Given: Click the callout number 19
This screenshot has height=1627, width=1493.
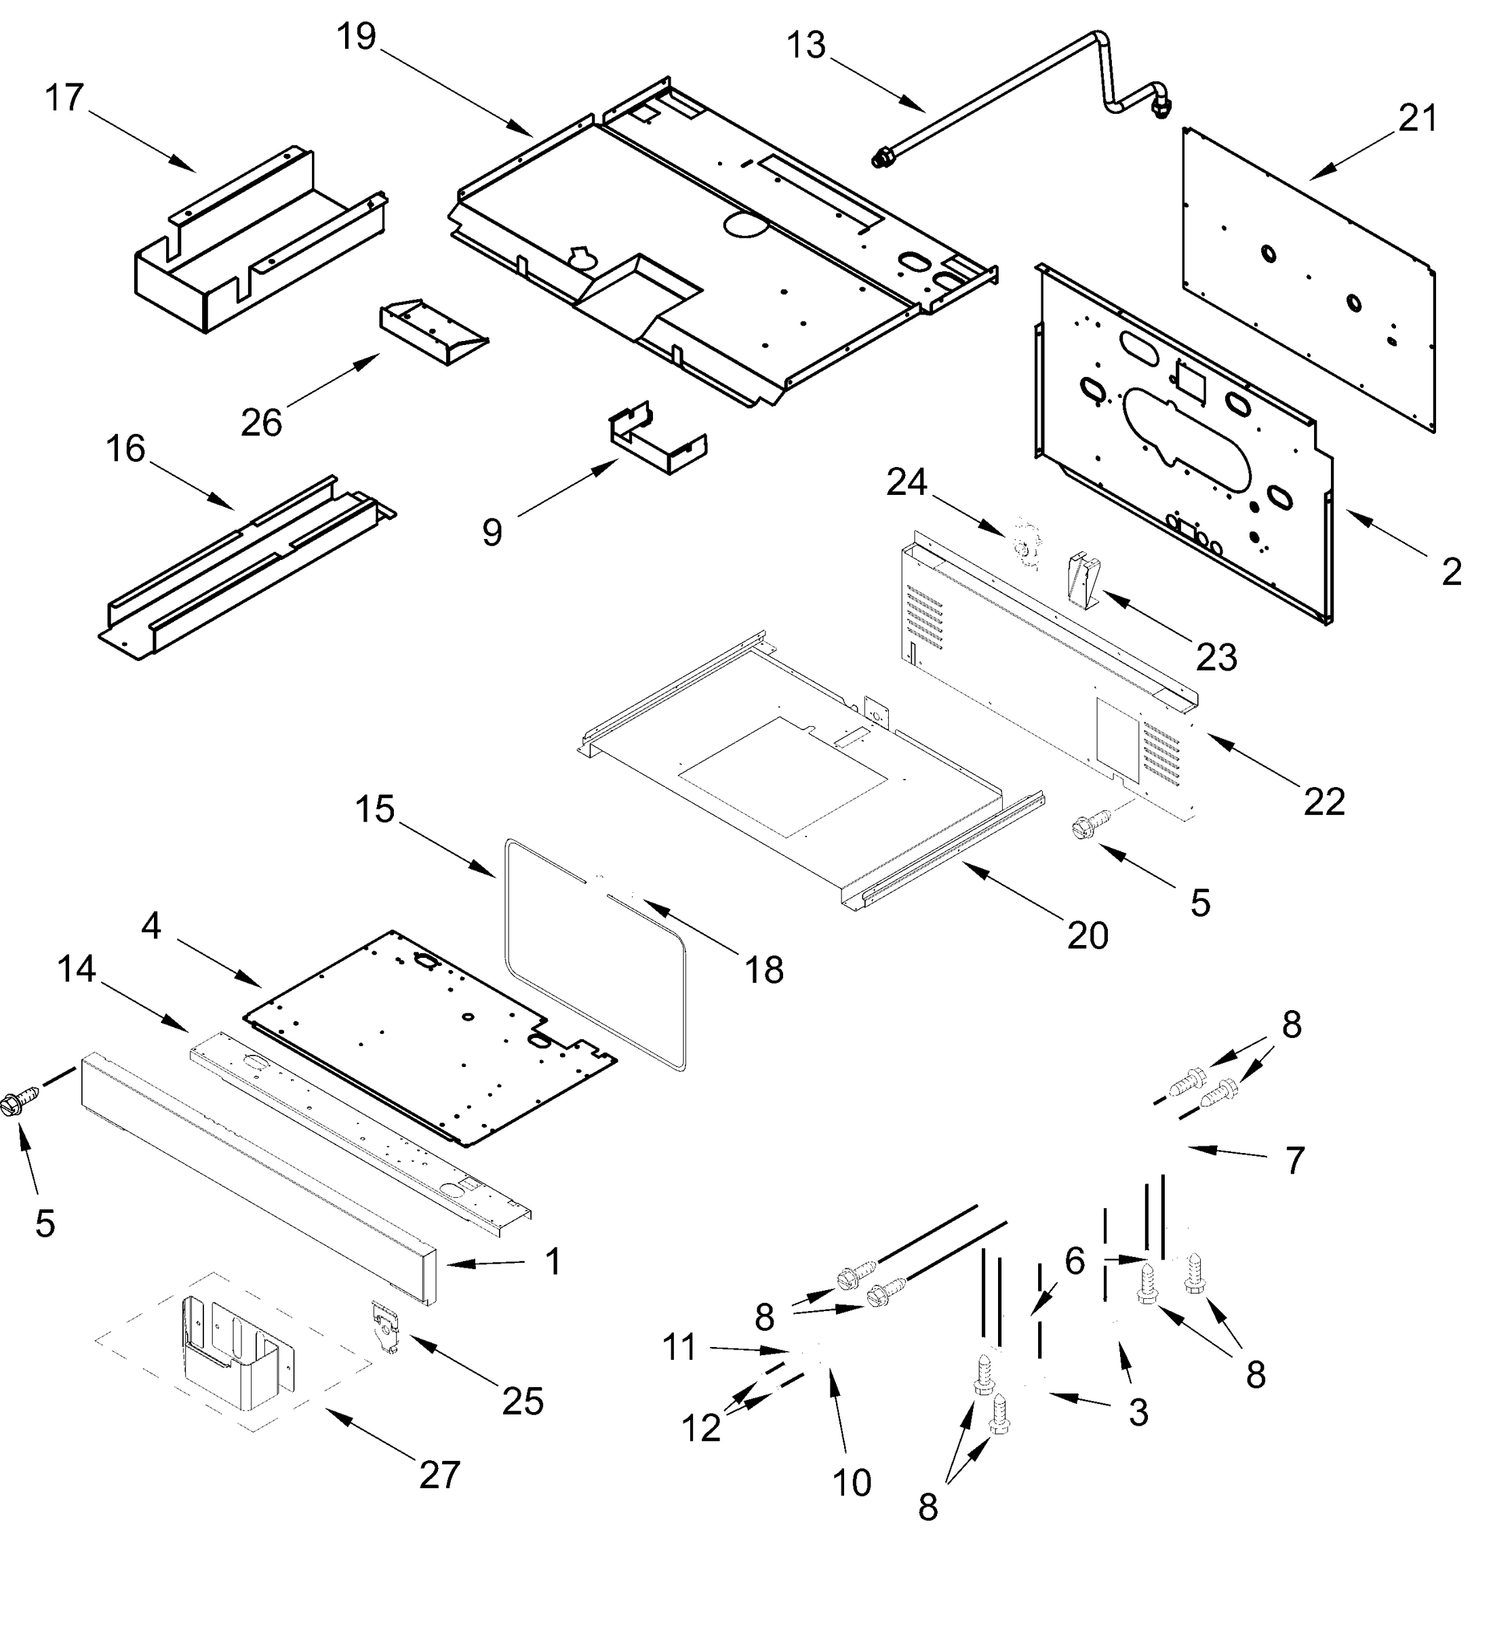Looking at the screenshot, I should coord(356,37).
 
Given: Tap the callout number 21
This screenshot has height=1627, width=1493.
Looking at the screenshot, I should coord(1418,119).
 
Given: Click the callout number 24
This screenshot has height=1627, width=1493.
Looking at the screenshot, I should coord(906,483).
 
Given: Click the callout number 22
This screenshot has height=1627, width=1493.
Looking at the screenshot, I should coord(1323,801).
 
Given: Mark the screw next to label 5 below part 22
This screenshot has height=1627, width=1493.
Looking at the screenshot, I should coord(1083,829).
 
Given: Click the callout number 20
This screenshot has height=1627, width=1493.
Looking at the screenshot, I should coord(1088,936).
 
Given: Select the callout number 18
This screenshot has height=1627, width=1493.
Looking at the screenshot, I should coord(763,969).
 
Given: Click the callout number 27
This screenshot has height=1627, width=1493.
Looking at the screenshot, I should coord(439,1475).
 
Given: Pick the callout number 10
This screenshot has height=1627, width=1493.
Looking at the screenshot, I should coord(852,1483).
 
